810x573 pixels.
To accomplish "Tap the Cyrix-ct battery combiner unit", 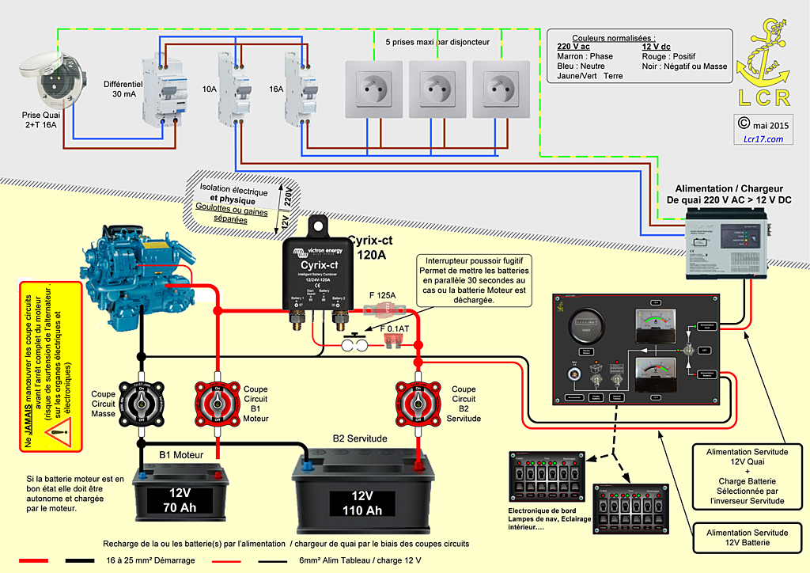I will pyautogui.click(x=319, y=273).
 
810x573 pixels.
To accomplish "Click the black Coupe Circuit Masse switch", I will pyautogui.click(x=140, y=403).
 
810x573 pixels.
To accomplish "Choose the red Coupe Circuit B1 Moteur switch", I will pyautogui.click(x=217, y=403).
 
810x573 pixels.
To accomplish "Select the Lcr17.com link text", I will pyautogui.click(x=763, y=139).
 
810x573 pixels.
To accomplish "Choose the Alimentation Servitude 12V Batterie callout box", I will pyautogui.click(x=747, y=539).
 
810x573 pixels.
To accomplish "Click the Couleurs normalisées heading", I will pyautogui.click(x=613, y=38).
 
